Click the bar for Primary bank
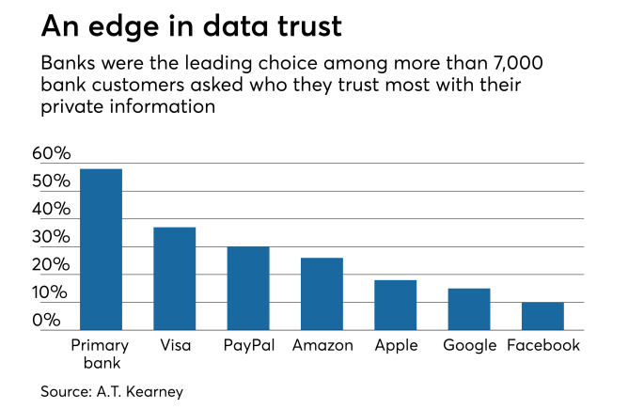[101, 249]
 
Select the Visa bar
[175, 278]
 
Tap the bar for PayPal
[248, 288]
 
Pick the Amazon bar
[322, 293]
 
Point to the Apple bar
[395, 305]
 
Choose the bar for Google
[468, 309]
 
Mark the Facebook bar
[542, 316]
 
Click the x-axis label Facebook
[543, 345]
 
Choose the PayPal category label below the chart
[249, 345]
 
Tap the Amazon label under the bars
[322, 345]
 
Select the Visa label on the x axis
[175, 345]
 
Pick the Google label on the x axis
[470, 345]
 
